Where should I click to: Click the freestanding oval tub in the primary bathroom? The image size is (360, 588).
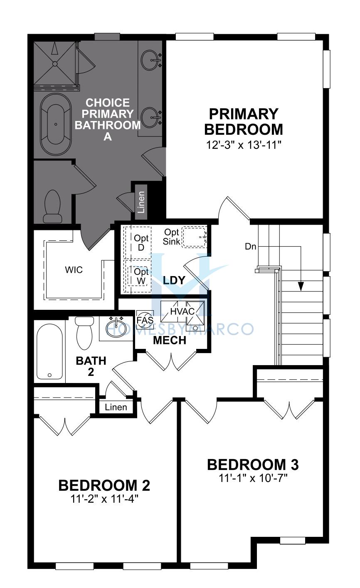[x=55, y=124]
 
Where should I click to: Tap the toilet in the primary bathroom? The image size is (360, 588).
[x=53, y=207]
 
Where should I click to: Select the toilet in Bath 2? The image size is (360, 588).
[x=84, y=333]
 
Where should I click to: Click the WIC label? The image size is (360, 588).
[x=74, y=269]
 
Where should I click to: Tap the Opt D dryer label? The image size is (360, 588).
[x=141, y=242]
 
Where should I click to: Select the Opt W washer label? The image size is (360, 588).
[x=141, y=276]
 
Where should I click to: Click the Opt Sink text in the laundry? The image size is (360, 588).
[x=172, y=237]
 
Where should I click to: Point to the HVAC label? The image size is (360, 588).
[x=182, y=311]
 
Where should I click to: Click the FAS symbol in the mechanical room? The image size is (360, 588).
[x=145, y=320]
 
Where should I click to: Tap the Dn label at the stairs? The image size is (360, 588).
[x=250, y=247]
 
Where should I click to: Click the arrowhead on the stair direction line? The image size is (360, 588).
[x=301, y=287]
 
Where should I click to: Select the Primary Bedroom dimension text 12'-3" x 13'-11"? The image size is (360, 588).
[x=244, y=145]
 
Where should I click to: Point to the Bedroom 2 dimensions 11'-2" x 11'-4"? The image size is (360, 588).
[x=104, y=499]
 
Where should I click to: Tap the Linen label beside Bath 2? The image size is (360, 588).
[x=116, y=407]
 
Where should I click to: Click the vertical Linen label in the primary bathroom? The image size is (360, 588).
[x=141, y=202]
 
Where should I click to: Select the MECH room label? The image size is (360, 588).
[x=170, y=341]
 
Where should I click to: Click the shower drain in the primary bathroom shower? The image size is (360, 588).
[x=54, y=64]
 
